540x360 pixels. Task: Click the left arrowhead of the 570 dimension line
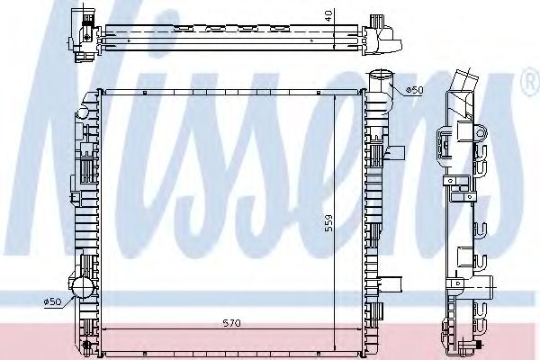(x=105, y=331)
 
